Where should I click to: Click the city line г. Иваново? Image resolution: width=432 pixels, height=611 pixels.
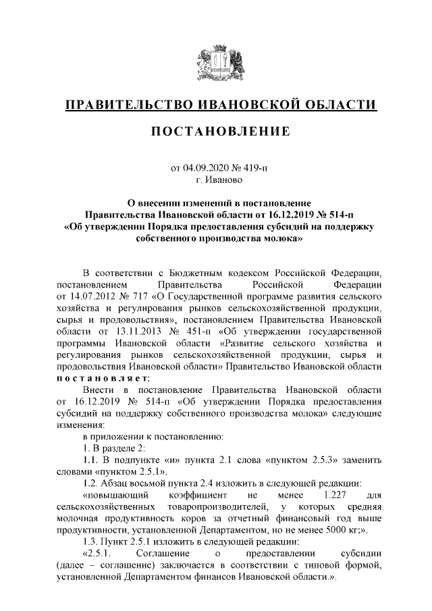(216, 180)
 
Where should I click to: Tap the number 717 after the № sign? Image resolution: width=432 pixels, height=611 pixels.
(139, 295)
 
